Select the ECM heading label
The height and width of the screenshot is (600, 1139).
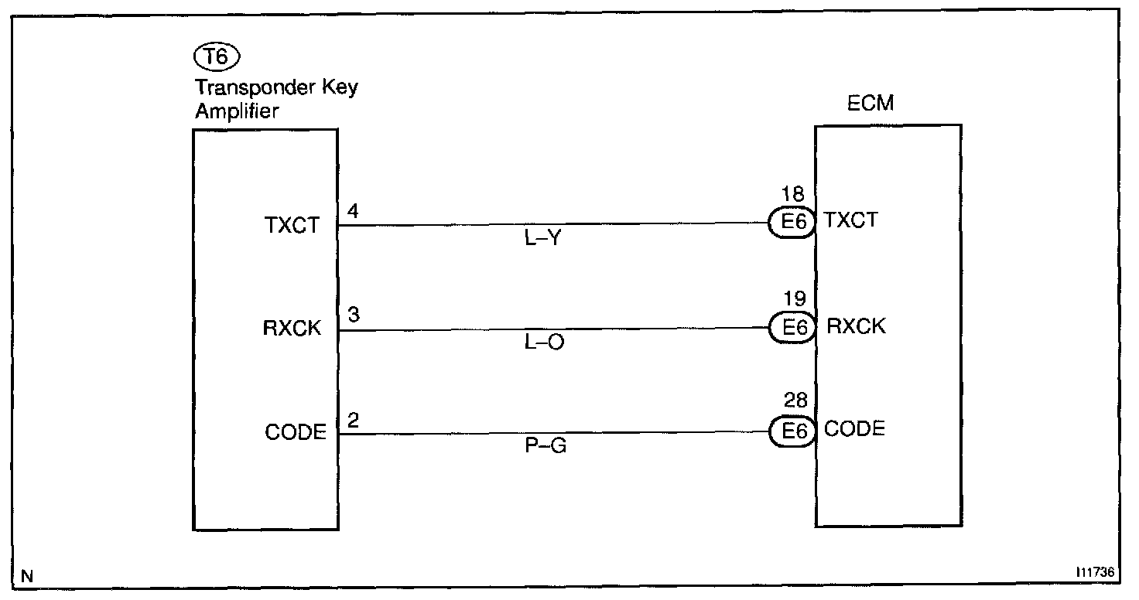coord(870,102)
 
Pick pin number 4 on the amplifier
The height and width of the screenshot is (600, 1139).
coord(353,211)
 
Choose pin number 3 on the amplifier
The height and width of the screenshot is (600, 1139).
coord(353,315)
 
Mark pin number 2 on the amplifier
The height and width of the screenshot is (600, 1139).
coord(353,420)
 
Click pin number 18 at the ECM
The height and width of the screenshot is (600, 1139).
coord(794,196)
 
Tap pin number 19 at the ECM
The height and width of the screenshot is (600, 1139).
coord(794,298)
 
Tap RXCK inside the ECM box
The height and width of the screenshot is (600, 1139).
coord(856,326)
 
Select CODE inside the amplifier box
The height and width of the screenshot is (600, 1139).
coord(295,433)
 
